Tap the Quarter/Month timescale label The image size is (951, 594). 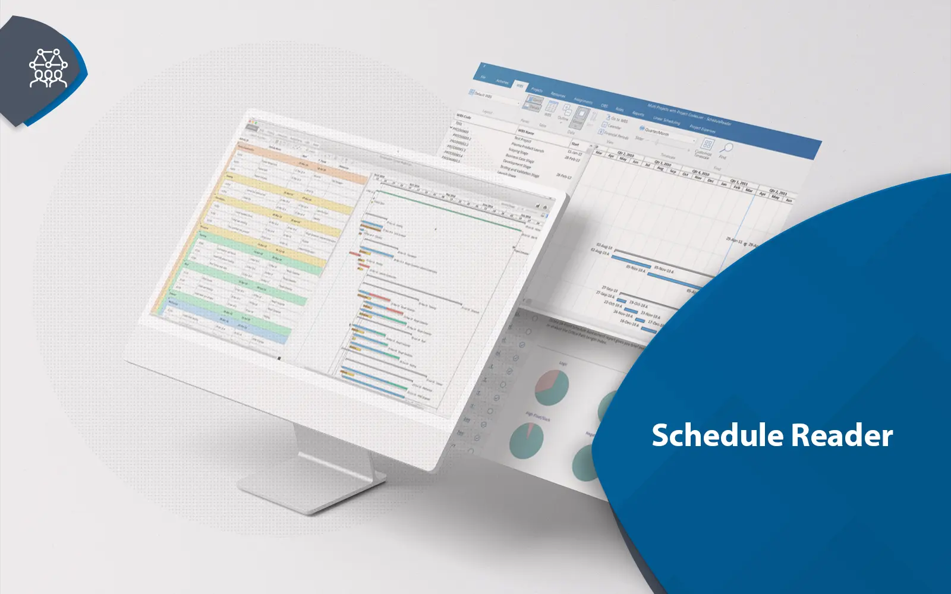pyautogui.click(x=657, y=131)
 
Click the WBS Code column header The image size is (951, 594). pyautogui.click(x=464, y=117)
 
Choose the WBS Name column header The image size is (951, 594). pyautogui.click(x=525, y=132)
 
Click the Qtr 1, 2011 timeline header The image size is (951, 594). pyautogui.click(x=739, y=182)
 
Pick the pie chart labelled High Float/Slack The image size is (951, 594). pyautogui.click(x=527, y=440)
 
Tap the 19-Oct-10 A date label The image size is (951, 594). pyautogui.click(x=639, y=305)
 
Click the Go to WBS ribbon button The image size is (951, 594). pyautogui.click(x=618, y=119)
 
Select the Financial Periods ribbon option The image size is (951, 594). pyautogui.click(x=615, y=135)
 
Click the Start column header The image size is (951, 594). pyautogui.click(x=575, y=144)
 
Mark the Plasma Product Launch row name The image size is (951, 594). pyautogui.click(x=527, y=147)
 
